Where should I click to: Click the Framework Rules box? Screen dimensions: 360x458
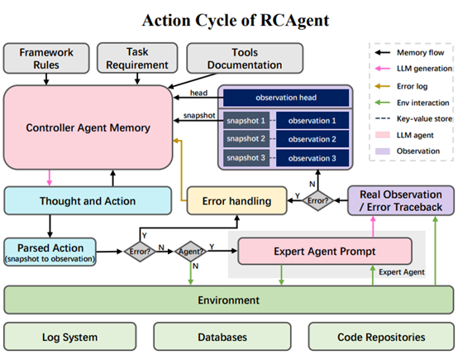(x=45, y=57)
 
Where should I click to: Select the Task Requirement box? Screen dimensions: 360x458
(x=137, y=57)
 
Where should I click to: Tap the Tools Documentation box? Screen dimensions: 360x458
(x=232, y=57)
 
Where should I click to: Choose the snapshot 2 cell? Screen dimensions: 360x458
(x=246, y=138)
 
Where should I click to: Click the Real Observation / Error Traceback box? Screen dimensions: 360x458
(x=400, y=199)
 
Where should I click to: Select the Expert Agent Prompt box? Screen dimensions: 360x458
(x=325, y=250)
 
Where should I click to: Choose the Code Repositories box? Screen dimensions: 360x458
(x=380, y=337)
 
